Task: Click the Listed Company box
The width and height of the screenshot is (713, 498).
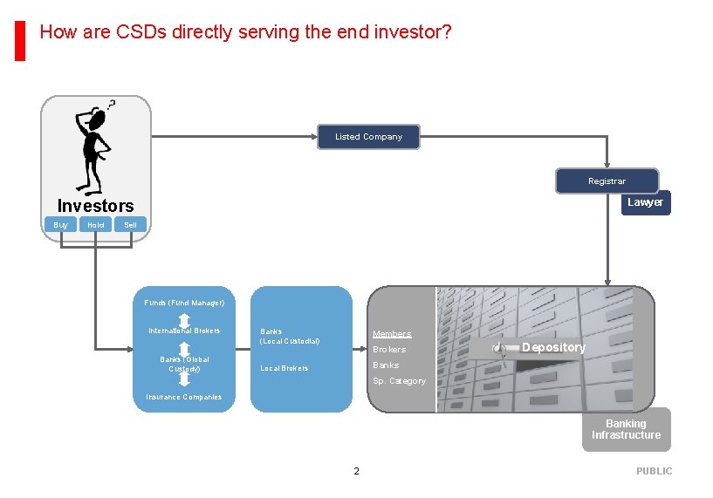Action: (368, 137)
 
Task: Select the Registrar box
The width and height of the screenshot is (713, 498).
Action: (607, 181)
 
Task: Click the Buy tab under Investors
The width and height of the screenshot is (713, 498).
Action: (60, 225)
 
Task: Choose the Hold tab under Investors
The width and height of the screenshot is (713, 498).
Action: (96, 225)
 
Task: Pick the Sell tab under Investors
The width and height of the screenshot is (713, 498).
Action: (131, 225)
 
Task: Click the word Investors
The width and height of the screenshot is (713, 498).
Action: (96, 206)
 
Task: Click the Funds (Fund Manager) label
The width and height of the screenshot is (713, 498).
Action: (184, 303)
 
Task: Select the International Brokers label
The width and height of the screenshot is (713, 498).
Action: (184, 331)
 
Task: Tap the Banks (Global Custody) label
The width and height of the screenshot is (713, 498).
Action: (184, 364)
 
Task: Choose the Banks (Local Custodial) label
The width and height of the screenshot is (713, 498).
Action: (290, 336)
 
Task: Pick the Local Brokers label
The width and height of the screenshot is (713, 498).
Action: (285, 368)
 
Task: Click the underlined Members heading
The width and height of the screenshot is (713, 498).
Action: (392, 334)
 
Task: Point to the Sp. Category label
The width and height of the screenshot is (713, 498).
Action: (399, 381)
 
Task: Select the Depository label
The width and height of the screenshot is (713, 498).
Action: (553, 347)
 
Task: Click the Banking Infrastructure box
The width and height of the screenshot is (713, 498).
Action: (626, 429)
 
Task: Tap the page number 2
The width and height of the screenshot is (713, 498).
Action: (356, 471)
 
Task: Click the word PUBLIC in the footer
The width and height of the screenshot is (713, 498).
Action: (654, 471)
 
